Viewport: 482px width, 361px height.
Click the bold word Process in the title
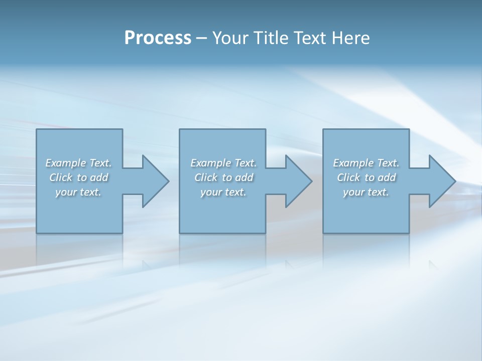tap(158, 38)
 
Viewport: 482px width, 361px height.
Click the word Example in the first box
tap(65, 163)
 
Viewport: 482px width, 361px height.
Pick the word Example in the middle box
tap(210, 163)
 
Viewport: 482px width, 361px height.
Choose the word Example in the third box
tap(353, 163)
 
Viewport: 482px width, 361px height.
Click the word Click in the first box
tap(60, 177)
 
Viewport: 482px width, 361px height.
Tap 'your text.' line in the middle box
tap(223, 192)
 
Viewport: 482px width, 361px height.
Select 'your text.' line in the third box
tap(366, 192)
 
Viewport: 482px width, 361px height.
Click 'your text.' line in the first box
tap(78, 192)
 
